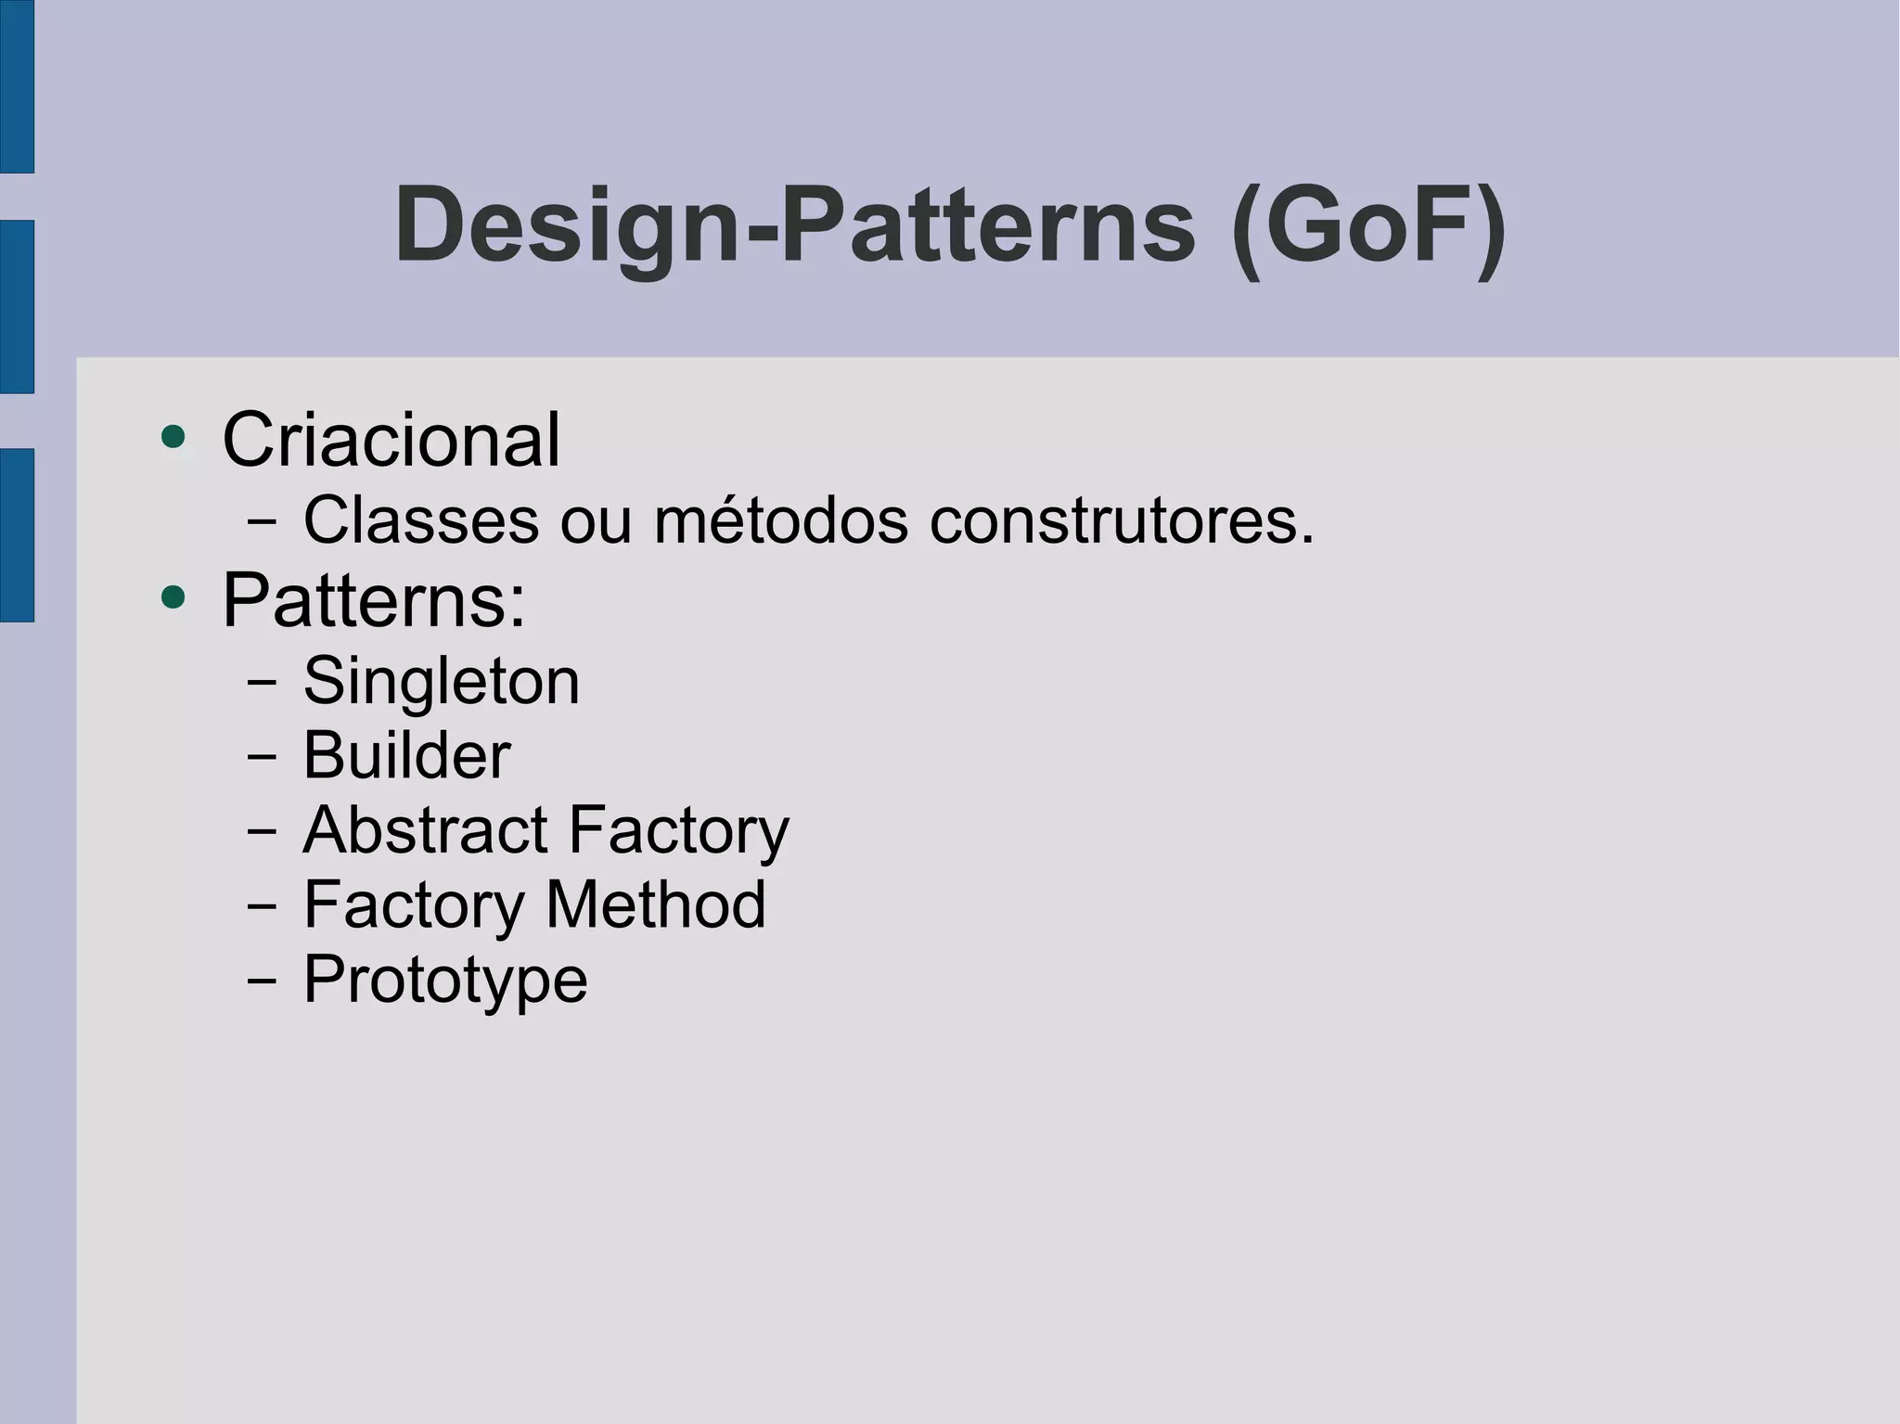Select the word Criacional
pos(391,440)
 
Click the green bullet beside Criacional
pos(173,436)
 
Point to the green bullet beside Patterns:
pos(173,597)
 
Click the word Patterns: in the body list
pos(374,601)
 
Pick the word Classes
pos(421,520)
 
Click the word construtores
pos(1122,520)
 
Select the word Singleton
pos(442,682)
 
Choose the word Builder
pos(406,755)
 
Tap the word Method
pos(656,904)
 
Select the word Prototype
pos(445,981)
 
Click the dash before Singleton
pos(262,682)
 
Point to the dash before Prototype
pos(262,980)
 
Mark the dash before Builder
pos(262,756)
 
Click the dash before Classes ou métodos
pos(262,521)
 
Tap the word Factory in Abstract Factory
pos(678,831)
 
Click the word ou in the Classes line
pos(597,522)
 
